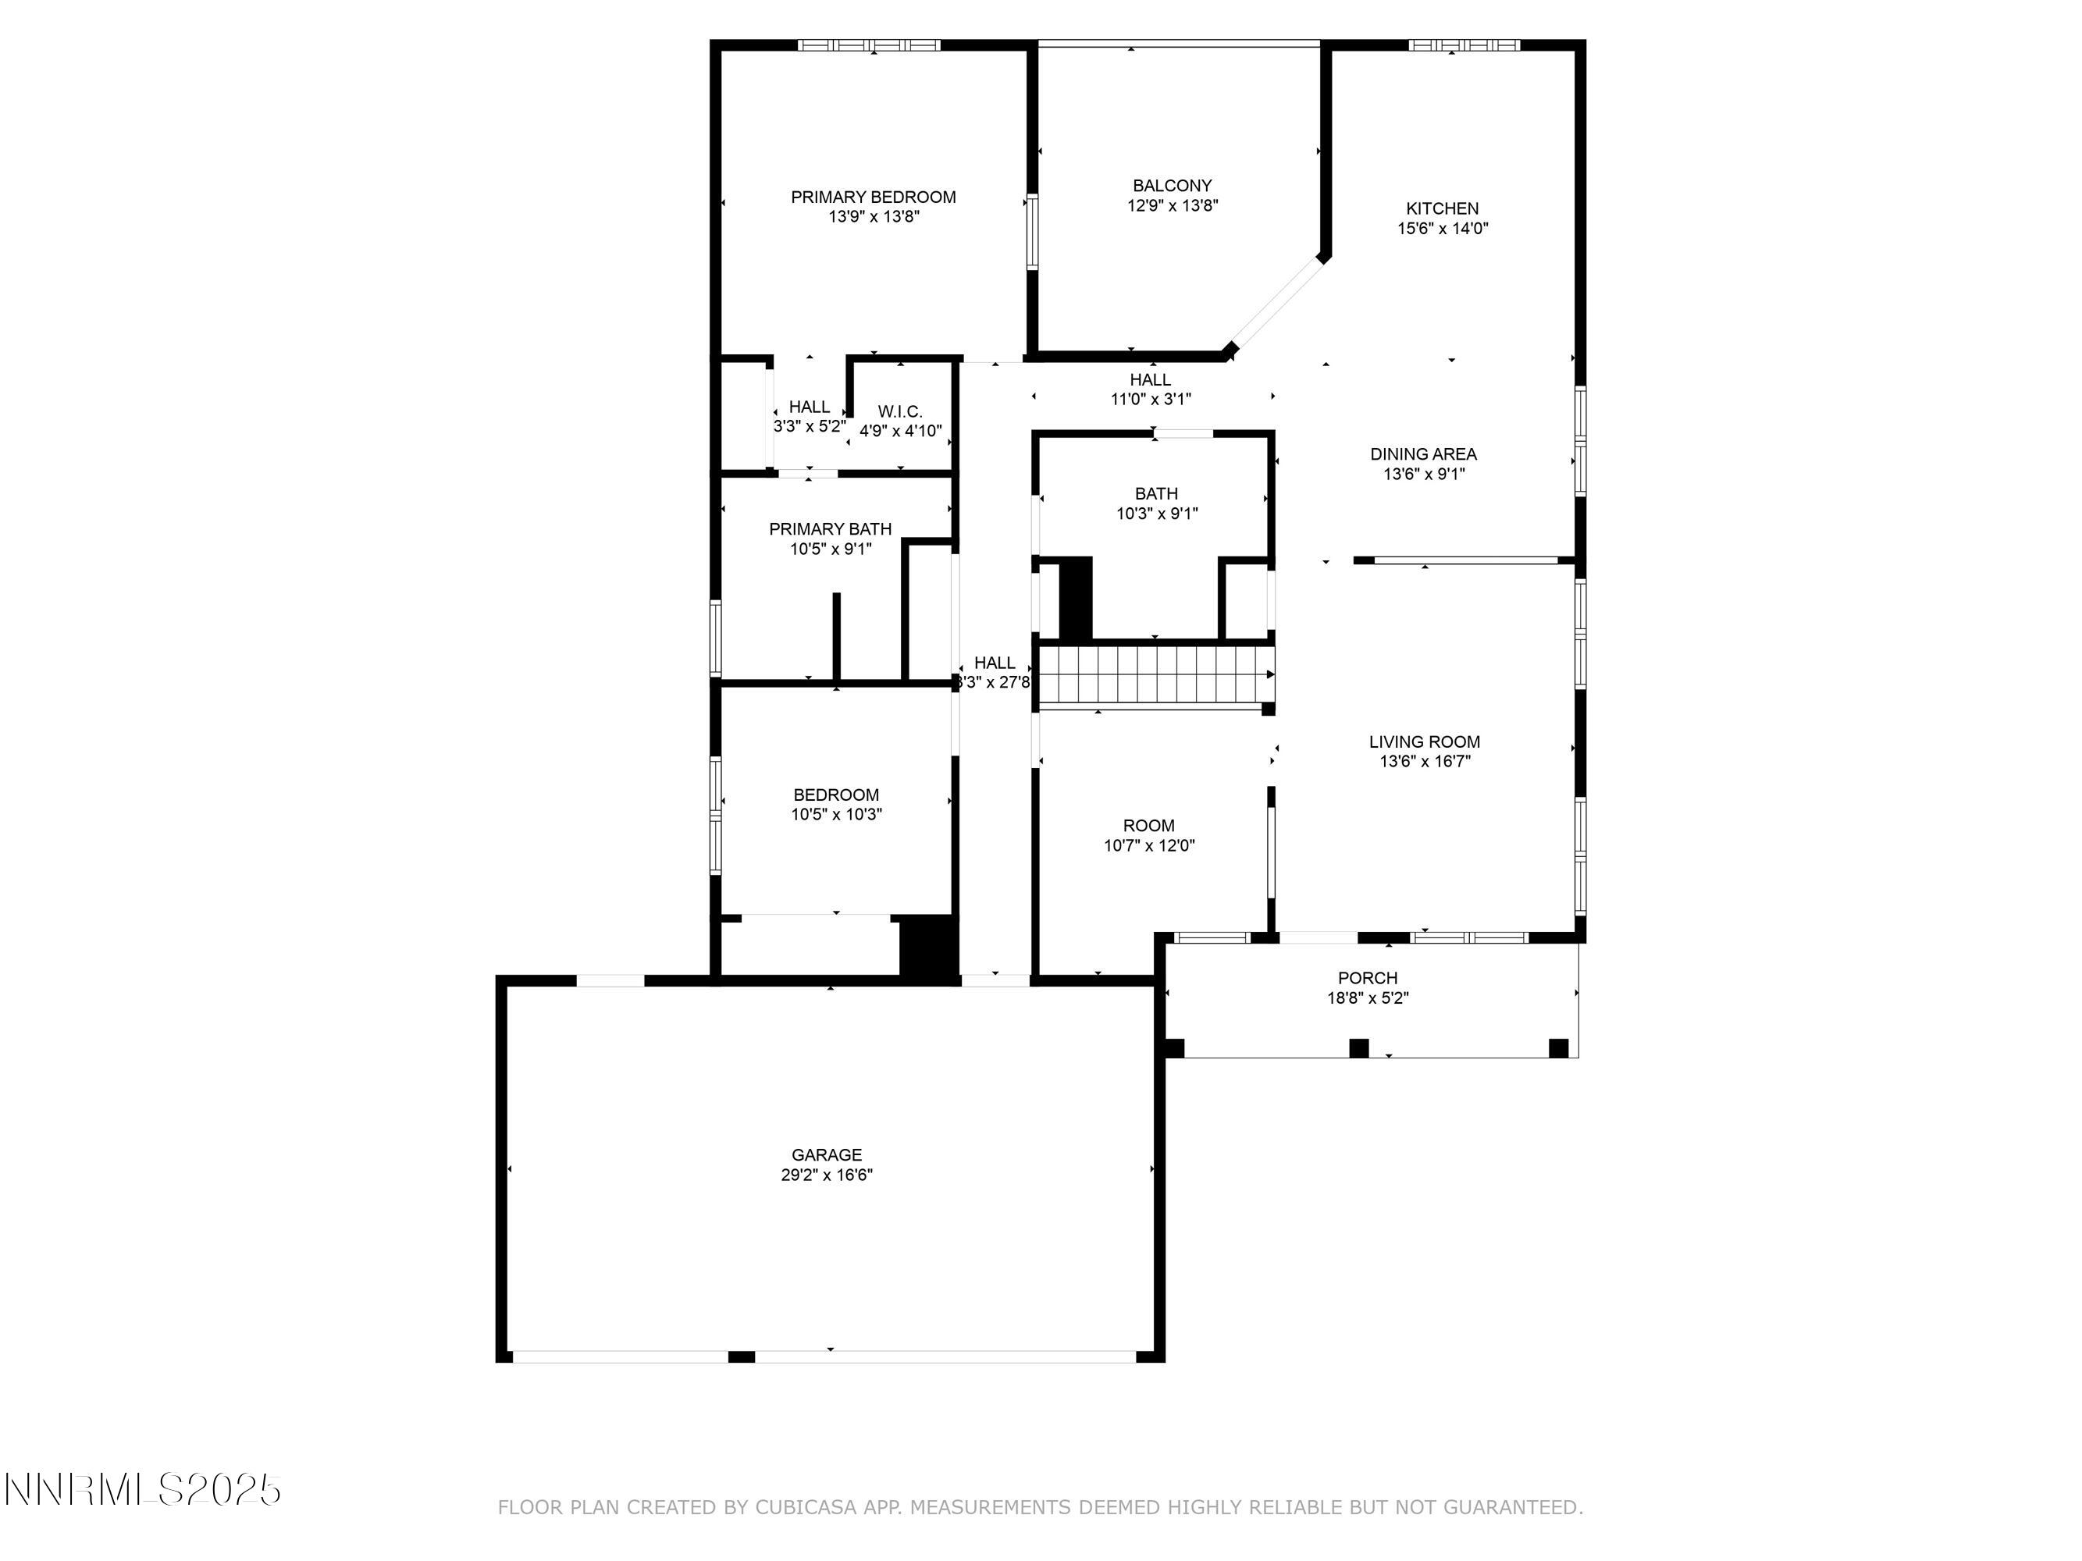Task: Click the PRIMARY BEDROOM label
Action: coord(873,197)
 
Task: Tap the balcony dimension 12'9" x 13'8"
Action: coord(1172,205)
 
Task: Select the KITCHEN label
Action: coord(1442,208)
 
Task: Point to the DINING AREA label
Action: coord(1423,454)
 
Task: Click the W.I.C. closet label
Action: coord(900,411)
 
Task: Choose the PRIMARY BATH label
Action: coord(830,529)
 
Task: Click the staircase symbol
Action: coord(1154,674)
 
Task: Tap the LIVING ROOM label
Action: coord(1424,741)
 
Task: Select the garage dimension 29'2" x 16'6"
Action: coord(827,1175)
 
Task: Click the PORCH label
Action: coord(1368,978)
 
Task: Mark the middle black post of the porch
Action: coord(1358,1047)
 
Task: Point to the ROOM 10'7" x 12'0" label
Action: coord(1148,834)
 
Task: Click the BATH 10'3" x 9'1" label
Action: coord(1156,503)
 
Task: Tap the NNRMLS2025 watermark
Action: coord(143,1489)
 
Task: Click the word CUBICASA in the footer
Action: coord(805,1507)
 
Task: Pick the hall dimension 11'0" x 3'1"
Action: coord(1150,399)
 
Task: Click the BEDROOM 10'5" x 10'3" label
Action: coord(836,805)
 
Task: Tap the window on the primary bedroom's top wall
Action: coord(869,44)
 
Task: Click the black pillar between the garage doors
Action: coord(742,1356)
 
